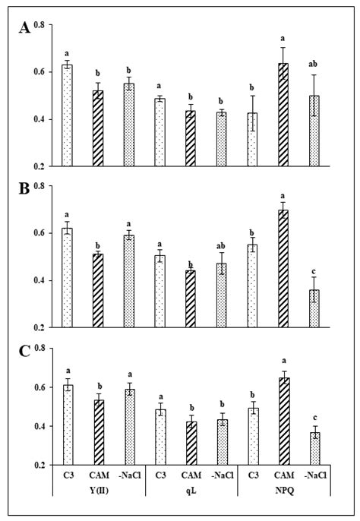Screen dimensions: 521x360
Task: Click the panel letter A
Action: coord(26,29)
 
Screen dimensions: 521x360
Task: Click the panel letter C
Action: coord(26,352)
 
